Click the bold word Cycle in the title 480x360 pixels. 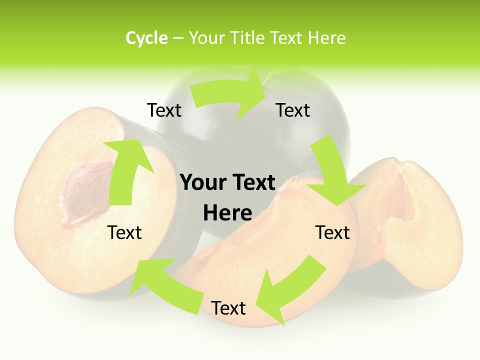[x=146, y=38]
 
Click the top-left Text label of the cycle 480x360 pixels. [x=164, y=110]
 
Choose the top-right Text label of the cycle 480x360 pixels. [x=293, y=110]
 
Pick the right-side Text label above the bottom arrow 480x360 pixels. [x=332, y=232]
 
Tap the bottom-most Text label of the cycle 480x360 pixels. [x=228, y=308]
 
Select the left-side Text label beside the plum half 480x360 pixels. [x=124, y=232]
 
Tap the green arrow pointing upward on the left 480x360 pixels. [x=125, y=170]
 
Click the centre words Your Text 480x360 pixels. [x=227, y=183]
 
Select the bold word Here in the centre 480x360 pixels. [x=227, y=213]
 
